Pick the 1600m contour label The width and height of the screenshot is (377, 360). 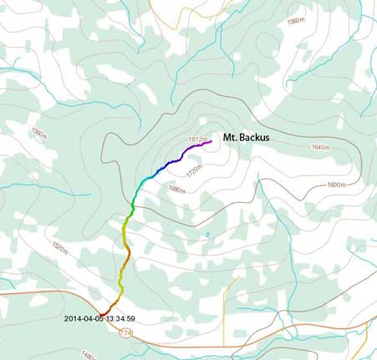335,185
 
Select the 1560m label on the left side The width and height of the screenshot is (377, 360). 38,133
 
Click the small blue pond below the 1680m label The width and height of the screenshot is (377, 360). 206,235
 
